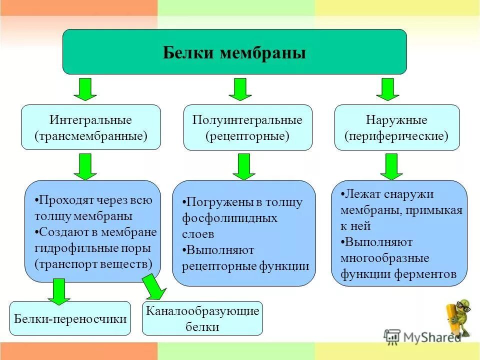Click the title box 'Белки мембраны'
pyautogui.click(x=234, y=52)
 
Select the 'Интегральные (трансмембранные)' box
pyautogui.click(x=91, y=127)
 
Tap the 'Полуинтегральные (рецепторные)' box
pyautogui.click(x=247, y=127)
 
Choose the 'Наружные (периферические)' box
pyautogui.click(x=396, y=127)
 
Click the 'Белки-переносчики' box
pyautogui.click(x=70, y=318)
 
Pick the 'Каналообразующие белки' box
pyautogui.click(x=202, y=318)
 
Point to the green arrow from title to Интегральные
pyautogui.click(x=85, y=89)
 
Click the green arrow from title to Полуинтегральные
pyautogui.click(x=240, y=89)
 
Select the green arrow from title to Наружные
pyautogui.click(x=388, y=89)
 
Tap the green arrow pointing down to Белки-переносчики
pyautogui.click(x=59, y=291)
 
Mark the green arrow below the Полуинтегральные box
pyautogui.click(x=244, y=166)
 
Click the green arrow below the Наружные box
pyautogui.click(x=391, y=166)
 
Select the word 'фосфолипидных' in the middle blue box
pyautogui.click(x=229, y=218)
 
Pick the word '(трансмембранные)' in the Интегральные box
pyautogui.click(x=91, y=136)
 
